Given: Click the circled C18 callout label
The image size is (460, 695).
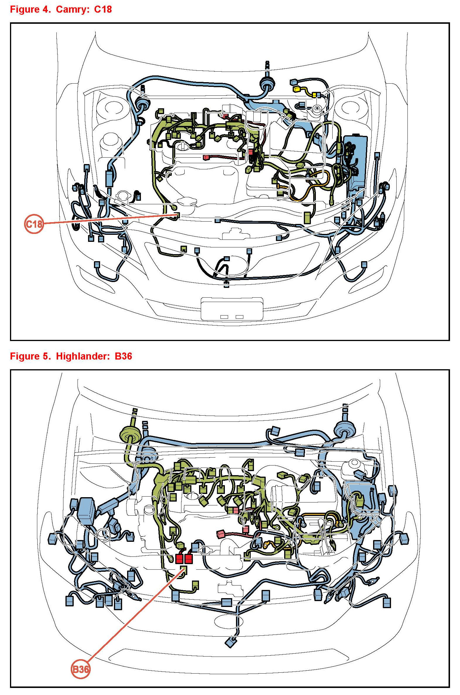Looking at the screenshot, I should coord(34,224).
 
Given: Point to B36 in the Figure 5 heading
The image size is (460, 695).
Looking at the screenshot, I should coord(123,356).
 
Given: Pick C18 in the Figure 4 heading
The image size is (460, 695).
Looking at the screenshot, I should coord(103,9).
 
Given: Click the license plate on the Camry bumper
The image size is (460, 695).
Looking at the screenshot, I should coord(232,309).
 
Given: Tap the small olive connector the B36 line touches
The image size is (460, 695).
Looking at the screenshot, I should coord(183,570).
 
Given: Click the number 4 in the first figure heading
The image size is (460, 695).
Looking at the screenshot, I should coord(46,9).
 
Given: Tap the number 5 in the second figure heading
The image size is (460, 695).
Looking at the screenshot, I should coord(46,356).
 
